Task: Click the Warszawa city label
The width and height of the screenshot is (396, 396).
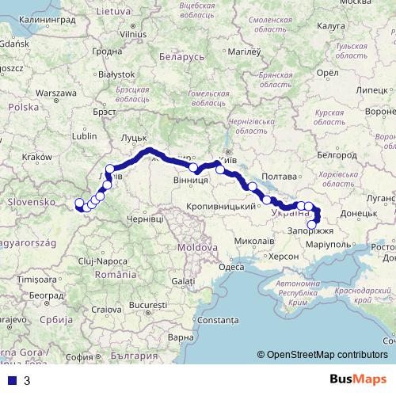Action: (55, 93)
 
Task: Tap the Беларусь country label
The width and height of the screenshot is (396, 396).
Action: (181, 57)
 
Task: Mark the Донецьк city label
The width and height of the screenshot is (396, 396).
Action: (364, 213)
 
